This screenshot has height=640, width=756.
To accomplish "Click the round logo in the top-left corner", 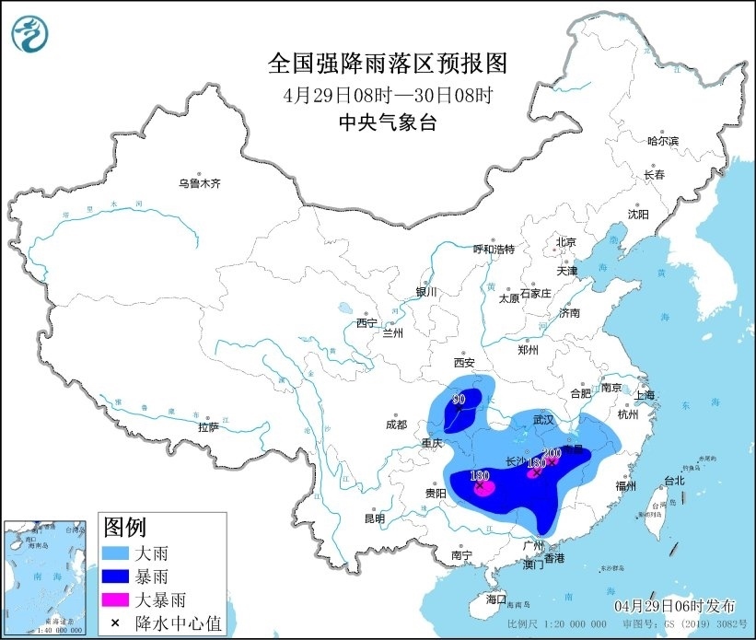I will click(x=29, y=34).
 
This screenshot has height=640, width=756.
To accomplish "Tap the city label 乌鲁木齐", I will click(x=200, y=183).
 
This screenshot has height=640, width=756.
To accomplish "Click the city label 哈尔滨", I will click(x=662, y=141).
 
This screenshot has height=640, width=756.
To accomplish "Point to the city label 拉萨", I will click(x=208, y=426).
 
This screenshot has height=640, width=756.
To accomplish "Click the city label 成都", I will click(x=396, y=425).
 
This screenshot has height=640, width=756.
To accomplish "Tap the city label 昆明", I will click(x=374, y=518).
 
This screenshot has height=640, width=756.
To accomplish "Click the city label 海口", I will click(x=496, y=599).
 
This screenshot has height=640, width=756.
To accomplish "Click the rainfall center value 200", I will click(x=552, y=453).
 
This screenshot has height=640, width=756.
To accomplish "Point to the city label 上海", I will click(x=643, y=395).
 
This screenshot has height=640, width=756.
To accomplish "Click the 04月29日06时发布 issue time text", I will click(x=675, y=605).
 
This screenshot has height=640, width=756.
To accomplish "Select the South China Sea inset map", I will click(x=47, y=576).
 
